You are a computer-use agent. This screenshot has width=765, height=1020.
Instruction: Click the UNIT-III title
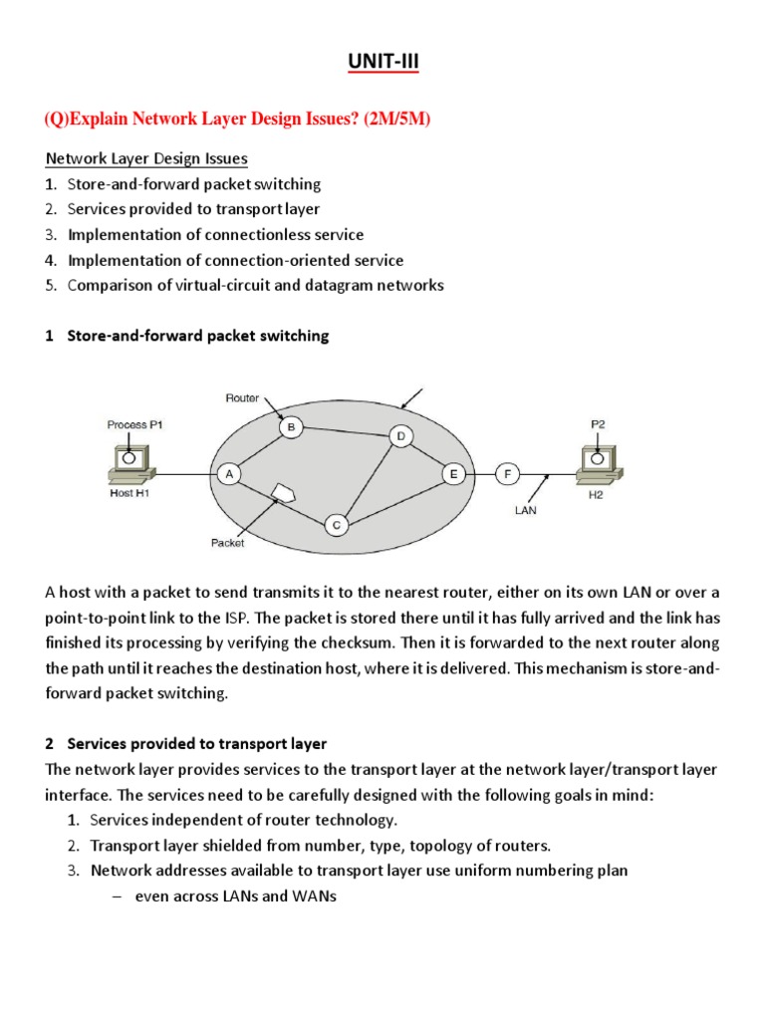click(x=382, y=64)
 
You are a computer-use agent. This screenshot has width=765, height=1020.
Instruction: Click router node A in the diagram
click(x=229, y=475)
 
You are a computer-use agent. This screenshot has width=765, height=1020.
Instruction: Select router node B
click(x=292, y=428)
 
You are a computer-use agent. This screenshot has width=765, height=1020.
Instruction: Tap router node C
click(x=337, y=524)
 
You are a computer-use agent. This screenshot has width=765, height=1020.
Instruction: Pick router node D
click(x=401, y=435)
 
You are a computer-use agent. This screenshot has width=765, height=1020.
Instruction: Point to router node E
click(x=453, y=475)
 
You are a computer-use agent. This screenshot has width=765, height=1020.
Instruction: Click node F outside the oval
click(x=508, y=475)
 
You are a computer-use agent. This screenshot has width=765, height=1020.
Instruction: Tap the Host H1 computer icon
click(x=130, y=463)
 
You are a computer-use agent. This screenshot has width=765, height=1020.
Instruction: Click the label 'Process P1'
click(x=134, y=424)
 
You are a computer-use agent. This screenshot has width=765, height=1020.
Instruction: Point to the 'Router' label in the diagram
click(x=242, y=398)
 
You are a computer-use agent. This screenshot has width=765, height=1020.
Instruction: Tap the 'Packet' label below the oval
click(x=227, y=544)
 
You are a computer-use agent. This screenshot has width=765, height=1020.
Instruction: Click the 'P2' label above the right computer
click(x=598, y=423)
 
